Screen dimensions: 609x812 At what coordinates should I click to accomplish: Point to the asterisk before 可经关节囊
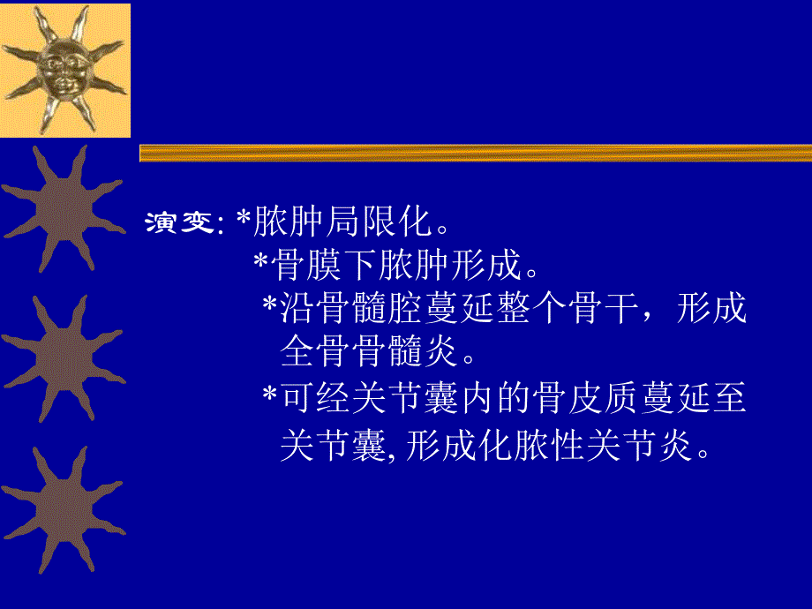pos(270,399)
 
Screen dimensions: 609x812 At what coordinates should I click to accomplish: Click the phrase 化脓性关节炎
pos(590,447)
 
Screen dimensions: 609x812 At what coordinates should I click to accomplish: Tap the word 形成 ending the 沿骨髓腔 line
pos(713,308)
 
